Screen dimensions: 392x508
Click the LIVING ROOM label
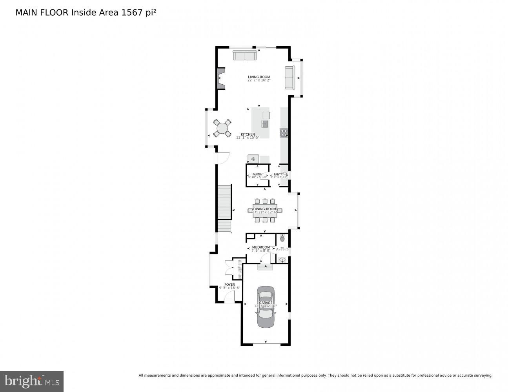[x=259, y=77]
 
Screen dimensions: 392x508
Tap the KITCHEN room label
[x=248, y=134]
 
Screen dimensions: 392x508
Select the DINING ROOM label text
[x=265, y=209]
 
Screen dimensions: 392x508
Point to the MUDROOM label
[x=261, y=247]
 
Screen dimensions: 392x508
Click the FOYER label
[x=229, y=285]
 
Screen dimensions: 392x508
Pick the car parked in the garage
[x=266, y=307]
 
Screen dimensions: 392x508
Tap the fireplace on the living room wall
[x=221, y=78]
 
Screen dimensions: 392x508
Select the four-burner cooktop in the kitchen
[x=284, y=133]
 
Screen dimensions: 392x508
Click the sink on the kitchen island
[x=265, y=124]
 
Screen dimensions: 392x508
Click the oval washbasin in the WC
[x=282, y=260]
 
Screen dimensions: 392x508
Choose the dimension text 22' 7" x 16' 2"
[x=259, y=80]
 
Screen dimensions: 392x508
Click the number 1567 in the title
[x=131, y=13]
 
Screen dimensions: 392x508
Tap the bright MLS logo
[x=31, y=381]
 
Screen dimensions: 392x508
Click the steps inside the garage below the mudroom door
[x=265, y=267]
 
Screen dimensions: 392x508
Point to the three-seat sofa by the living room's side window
[x=290, y=78]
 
